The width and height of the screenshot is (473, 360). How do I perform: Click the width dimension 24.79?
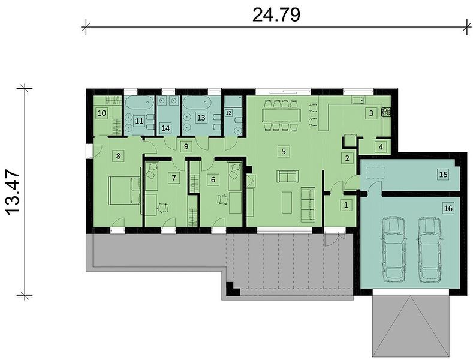click(276, 15)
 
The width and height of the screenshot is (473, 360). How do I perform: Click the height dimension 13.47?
click(13, 193)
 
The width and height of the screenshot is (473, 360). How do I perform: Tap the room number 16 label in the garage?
click(448, 208)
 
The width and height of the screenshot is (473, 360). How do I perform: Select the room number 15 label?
click(444, 174)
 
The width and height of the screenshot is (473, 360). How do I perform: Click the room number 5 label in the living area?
click(284, 151)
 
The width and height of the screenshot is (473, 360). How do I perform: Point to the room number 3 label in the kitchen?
click(371, 113)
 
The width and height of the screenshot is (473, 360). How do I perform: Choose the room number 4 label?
click(381, 147)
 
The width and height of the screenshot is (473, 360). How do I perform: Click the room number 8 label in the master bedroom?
click(118, 156)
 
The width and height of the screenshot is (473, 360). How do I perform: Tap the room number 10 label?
click(102, 113)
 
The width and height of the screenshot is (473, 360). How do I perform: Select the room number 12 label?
click(228, 113)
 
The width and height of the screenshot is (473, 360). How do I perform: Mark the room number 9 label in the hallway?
click(186, 147)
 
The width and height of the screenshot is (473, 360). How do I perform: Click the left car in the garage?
click(394, 249)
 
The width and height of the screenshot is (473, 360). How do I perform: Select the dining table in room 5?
click(281, 115)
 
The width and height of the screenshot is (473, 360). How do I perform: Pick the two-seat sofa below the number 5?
click(288, 176)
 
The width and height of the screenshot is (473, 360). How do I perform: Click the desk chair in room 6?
click(223, 199)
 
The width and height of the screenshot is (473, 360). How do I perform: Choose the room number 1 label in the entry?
click(346, 205)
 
